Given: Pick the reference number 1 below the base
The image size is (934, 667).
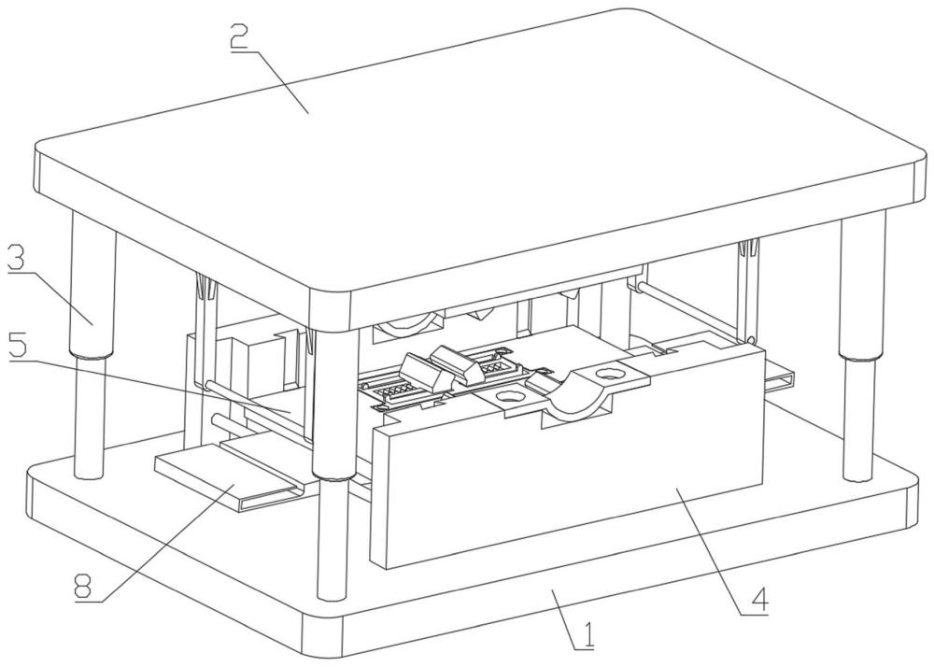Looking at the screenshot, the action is [587, 635].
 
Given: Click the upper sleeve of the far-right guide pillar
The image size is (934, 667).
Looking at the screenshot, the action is [862, 286].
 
